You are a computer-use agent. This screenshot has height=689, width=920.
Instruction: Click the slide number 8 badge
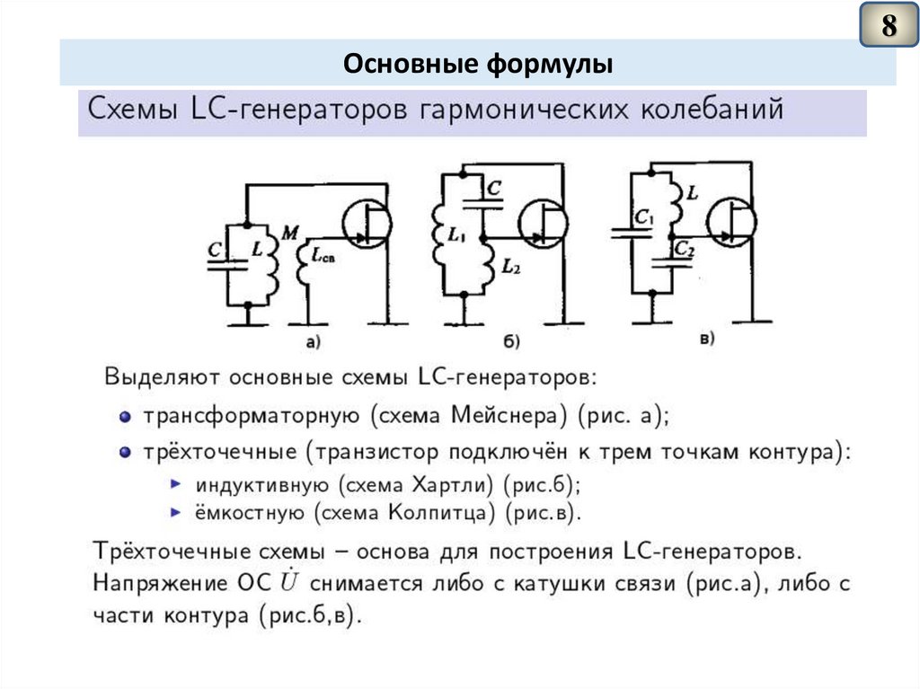[x=888, y=26]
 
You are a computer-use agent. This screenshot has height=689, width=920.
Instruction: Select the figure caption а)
[x=313, y=340]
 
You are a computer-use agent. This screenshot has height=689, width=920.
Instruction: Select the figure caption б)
[x=512, y=340]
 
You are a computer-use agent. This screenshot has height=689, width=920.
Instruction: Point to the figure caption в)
[x=705, y=338]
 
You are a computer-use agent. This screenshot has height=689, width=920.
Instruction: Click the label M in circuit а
[x=289, y=234]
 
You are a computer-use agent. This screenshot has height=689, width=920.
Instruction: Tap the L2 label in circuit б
[x=510, y=266]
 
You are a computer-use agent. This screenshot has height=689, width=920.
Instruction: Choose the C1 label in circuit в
[x=642, y=216]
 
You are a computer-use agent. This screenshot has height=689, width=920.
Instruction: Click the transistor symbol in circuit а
[x=366, y=225]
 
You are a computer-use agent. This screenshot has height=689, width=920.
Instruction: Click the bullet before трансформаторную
[x=125, y=417]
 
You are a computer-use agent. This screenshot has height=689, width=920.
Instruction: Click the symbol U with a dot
[x=287, y=582]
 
